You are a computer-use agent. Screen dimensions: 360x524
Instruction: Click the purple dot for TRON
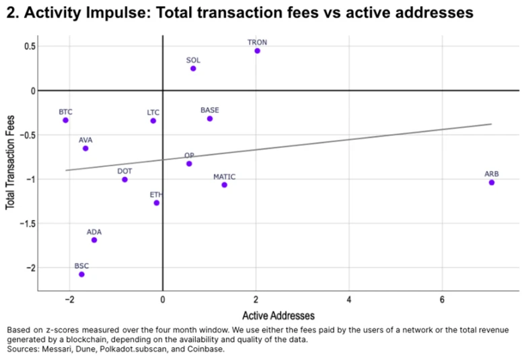(x=257, y=51)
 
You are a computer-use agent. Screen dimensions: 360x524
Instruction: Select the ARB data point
(x=492, y=182)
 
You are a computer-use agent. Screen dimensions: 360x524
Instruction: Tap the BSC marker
(x=81, y=275)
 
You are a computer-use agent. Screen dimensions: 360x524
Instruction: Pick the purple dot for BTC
(x=65, y=120)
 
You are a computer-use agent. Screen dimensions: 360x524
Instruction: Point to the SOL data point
(x=193, y=69)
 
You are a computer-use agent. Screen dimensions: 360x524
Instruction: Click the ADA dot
(x=94, y=240)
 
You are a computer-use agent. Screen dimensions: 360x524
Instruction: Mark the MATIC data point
(x=224, y=185)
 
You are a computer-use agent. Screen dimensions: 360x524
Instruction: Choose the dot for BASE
(x=210, y=118)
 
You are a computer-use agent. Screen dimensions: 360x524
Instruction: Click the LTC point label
(x=153, y=112)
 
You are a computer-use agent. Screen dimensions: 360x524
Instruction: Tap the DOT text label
(x=124, y=171)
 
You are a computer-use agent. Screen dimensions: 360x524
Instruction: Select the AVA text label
(x=85, y=140)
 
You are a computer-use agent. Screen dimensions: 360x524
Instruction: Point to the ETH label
(x=156, y=194)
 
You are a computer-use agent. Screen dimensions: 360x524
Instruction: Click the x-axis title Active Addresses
(x=278, y=315)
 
